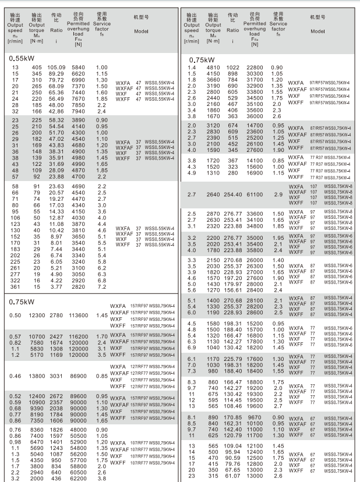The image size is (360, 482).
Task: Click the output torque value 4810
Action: pos(214,68)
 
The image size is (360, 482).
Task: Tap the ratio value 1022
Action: pos(233,68)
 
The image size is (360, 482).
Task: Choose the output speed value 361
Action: pos(15,287)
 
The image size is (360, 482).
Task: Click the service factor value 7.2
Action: pos(101,287)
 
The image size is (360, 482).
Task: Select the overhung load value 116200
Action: pos(78,337)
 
